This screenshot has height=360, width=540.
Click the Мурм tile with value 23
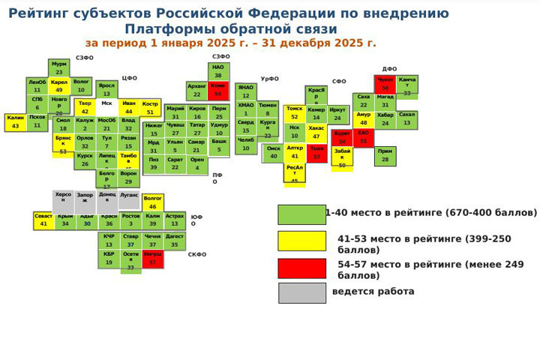pos(59,68)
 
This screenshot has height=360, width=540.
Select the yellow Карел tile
pos(59,85)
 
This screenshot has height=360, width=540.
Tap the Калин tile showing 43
pos(16,121)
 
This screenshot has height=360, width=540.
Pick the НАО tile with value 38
pos(217,71)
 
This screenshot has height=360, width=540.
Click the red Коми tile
pos(217,90)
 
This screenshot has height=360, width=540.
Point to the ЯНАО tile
pos(245,91)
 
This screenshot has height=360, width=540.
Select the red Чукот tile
pos(385,84)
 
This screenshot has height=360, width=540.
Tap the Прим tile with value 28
pos(385,156)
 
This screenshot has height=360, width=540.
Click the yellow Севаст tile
pos(43,220)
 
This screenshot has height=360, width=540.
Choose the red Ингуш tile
pos(153,259)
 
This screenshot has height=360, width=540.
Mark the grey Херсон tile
pos(63,199)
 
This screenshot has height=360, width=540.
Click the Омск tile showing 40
pos(274,153)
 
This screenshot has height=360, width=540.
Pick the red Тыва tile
pos(316,153)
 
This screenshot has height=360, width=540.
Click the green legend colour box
pos(301,214)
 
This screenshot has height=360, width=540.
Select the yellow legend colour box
pos(301,241)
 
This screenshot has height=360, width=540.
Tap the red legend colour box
pos(301,268)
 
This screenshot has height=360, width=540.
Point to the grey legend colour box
pos(301,292)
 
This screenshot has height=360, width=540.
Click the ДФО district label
pos(389,69)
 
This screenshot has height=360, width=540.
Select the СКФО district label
pos(197,255)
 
